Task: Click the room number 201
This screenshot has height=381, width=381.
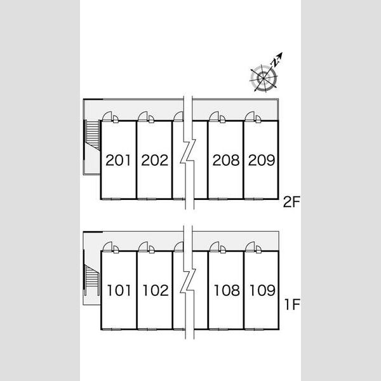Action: point(118,160)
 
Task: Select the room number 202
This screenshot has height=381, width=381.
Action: point(155,160)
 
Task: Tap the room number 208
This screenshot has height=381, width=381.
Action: point(226,160)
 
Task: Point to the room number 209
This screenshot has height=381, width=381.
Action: point(262,160)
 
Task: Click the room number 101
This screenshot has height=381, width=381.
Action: point(119,290)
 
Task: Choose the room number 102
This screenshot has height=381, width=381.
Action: point(156,290)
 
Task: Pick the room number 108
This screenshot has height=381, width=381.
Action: point(227,290)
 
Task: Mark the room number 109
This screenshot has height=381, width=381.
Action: point(262,290)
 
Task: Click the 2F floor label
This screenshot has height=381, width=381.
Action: point(291,202)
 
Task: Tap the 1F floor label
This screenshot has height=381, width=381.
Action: point(293,304)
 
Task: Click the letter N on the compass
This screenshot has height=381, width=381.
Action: point(275,63)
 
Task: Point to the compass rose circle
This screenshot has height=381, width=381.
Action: point(264,78)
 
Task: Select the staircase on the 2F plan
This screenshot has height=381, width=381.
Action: point(93,135)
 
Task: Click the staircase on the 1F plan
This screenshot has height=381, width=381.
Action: point(92,280)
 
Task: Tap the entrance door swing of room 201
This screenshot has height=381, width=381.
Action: point(107,116)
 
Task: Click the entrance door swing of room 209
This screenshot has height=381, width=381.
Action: point(250,116)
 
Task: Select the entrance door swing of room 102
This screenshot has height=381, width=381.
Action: point(143,246)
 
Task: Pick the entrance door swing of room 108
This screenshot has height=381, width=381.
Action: point(215,246)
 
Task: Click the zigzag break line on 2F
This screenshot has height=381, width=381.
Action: point(188,152)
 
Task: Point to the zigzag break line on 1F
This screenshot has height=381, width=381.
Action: point(188,282)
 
